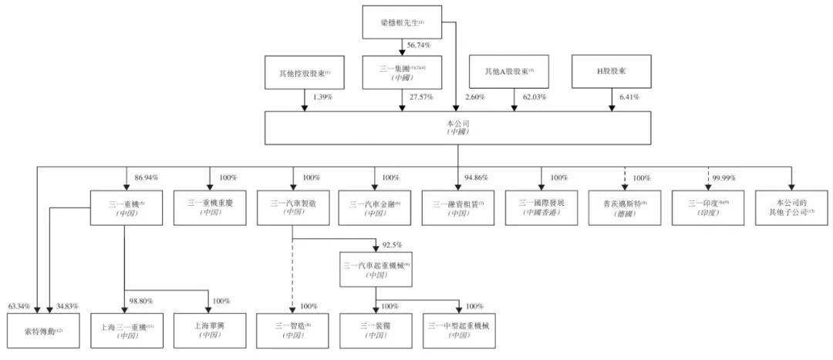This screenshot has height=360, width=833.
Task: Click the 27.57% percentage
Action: (420, 97)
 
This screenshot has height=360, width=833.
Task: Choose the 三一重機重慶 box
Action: (209, 207)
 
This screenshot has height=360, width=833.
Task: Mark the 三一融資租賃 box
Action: (457, 207)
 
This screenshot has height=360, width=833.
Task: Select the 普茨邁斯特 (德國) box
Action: (623, 207)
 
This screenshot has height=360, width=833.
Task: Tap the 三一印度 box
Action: (707, 207)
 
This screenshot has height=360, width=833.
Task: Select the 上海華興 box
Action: (209, 332)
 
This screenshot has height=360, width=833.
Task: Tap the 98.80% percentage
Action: (143, 301)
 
